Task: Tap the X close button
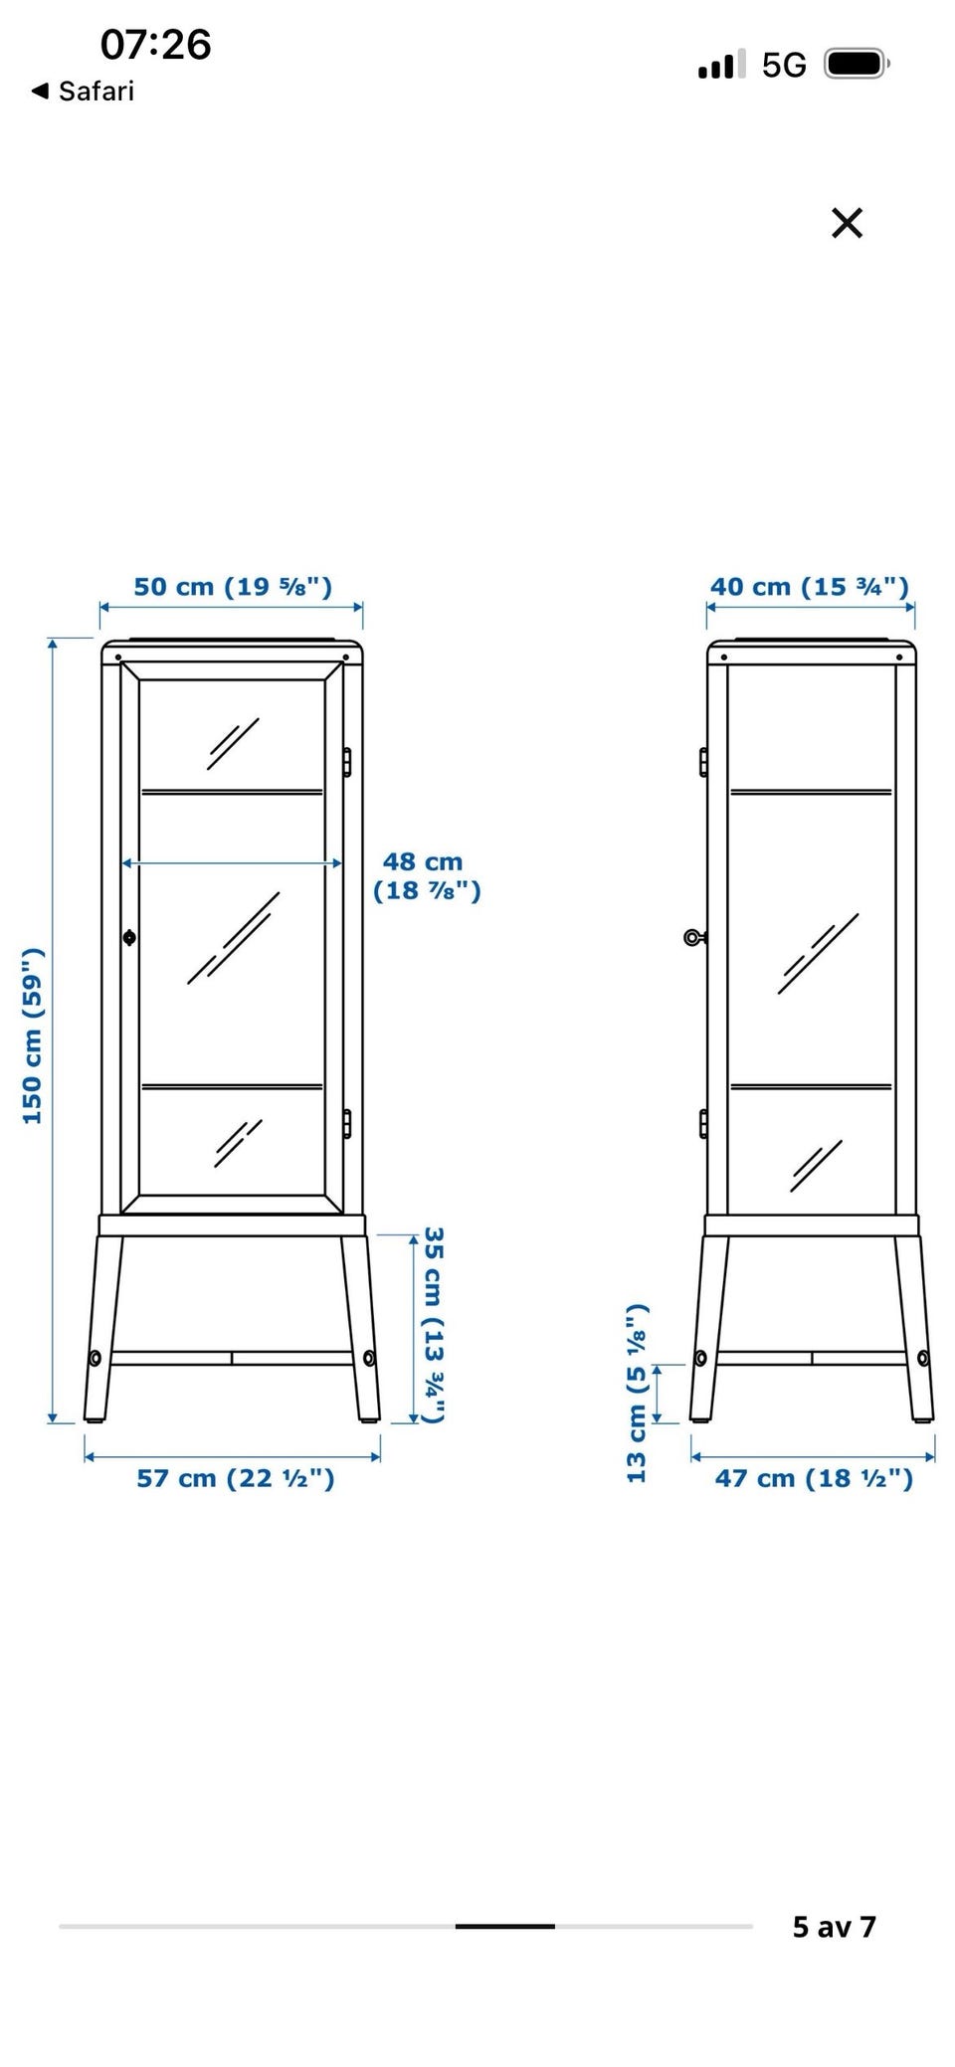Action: tap(847, 223)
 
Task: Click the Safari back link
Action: tap(83, 92)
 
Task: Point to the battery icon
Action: tap(857, 65)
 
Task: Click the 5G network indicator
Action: tap(784, 66)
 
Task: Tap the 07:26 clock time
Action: tap(156, 44)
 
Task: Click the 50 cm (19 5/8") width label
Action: tap(233, 586)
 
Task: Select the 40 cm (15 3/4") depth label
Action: tap(810, 586)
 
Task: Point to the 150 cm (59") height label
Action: tap(33, 1035)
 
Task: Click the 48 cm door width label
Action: tap(427, 875)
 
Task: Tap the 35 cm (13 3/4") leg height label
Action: tap(433, 1324)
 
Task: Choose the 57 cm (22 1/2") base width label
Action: tap(236, 1478)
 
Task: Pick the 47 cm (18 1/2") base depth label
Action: tap(814, 1478)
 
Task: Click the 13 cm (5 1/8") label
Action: tap(637, 1393)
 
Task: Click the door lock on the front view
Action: tap(129, 937)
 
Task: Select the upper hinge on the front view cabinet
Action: tap(346, 761)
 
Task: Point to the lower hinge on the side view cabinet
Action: tap(703, 1123)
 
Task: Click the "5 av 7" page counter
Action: tap(834, 1927)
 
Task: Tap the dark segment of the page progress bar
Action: tap(504, 1927)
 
